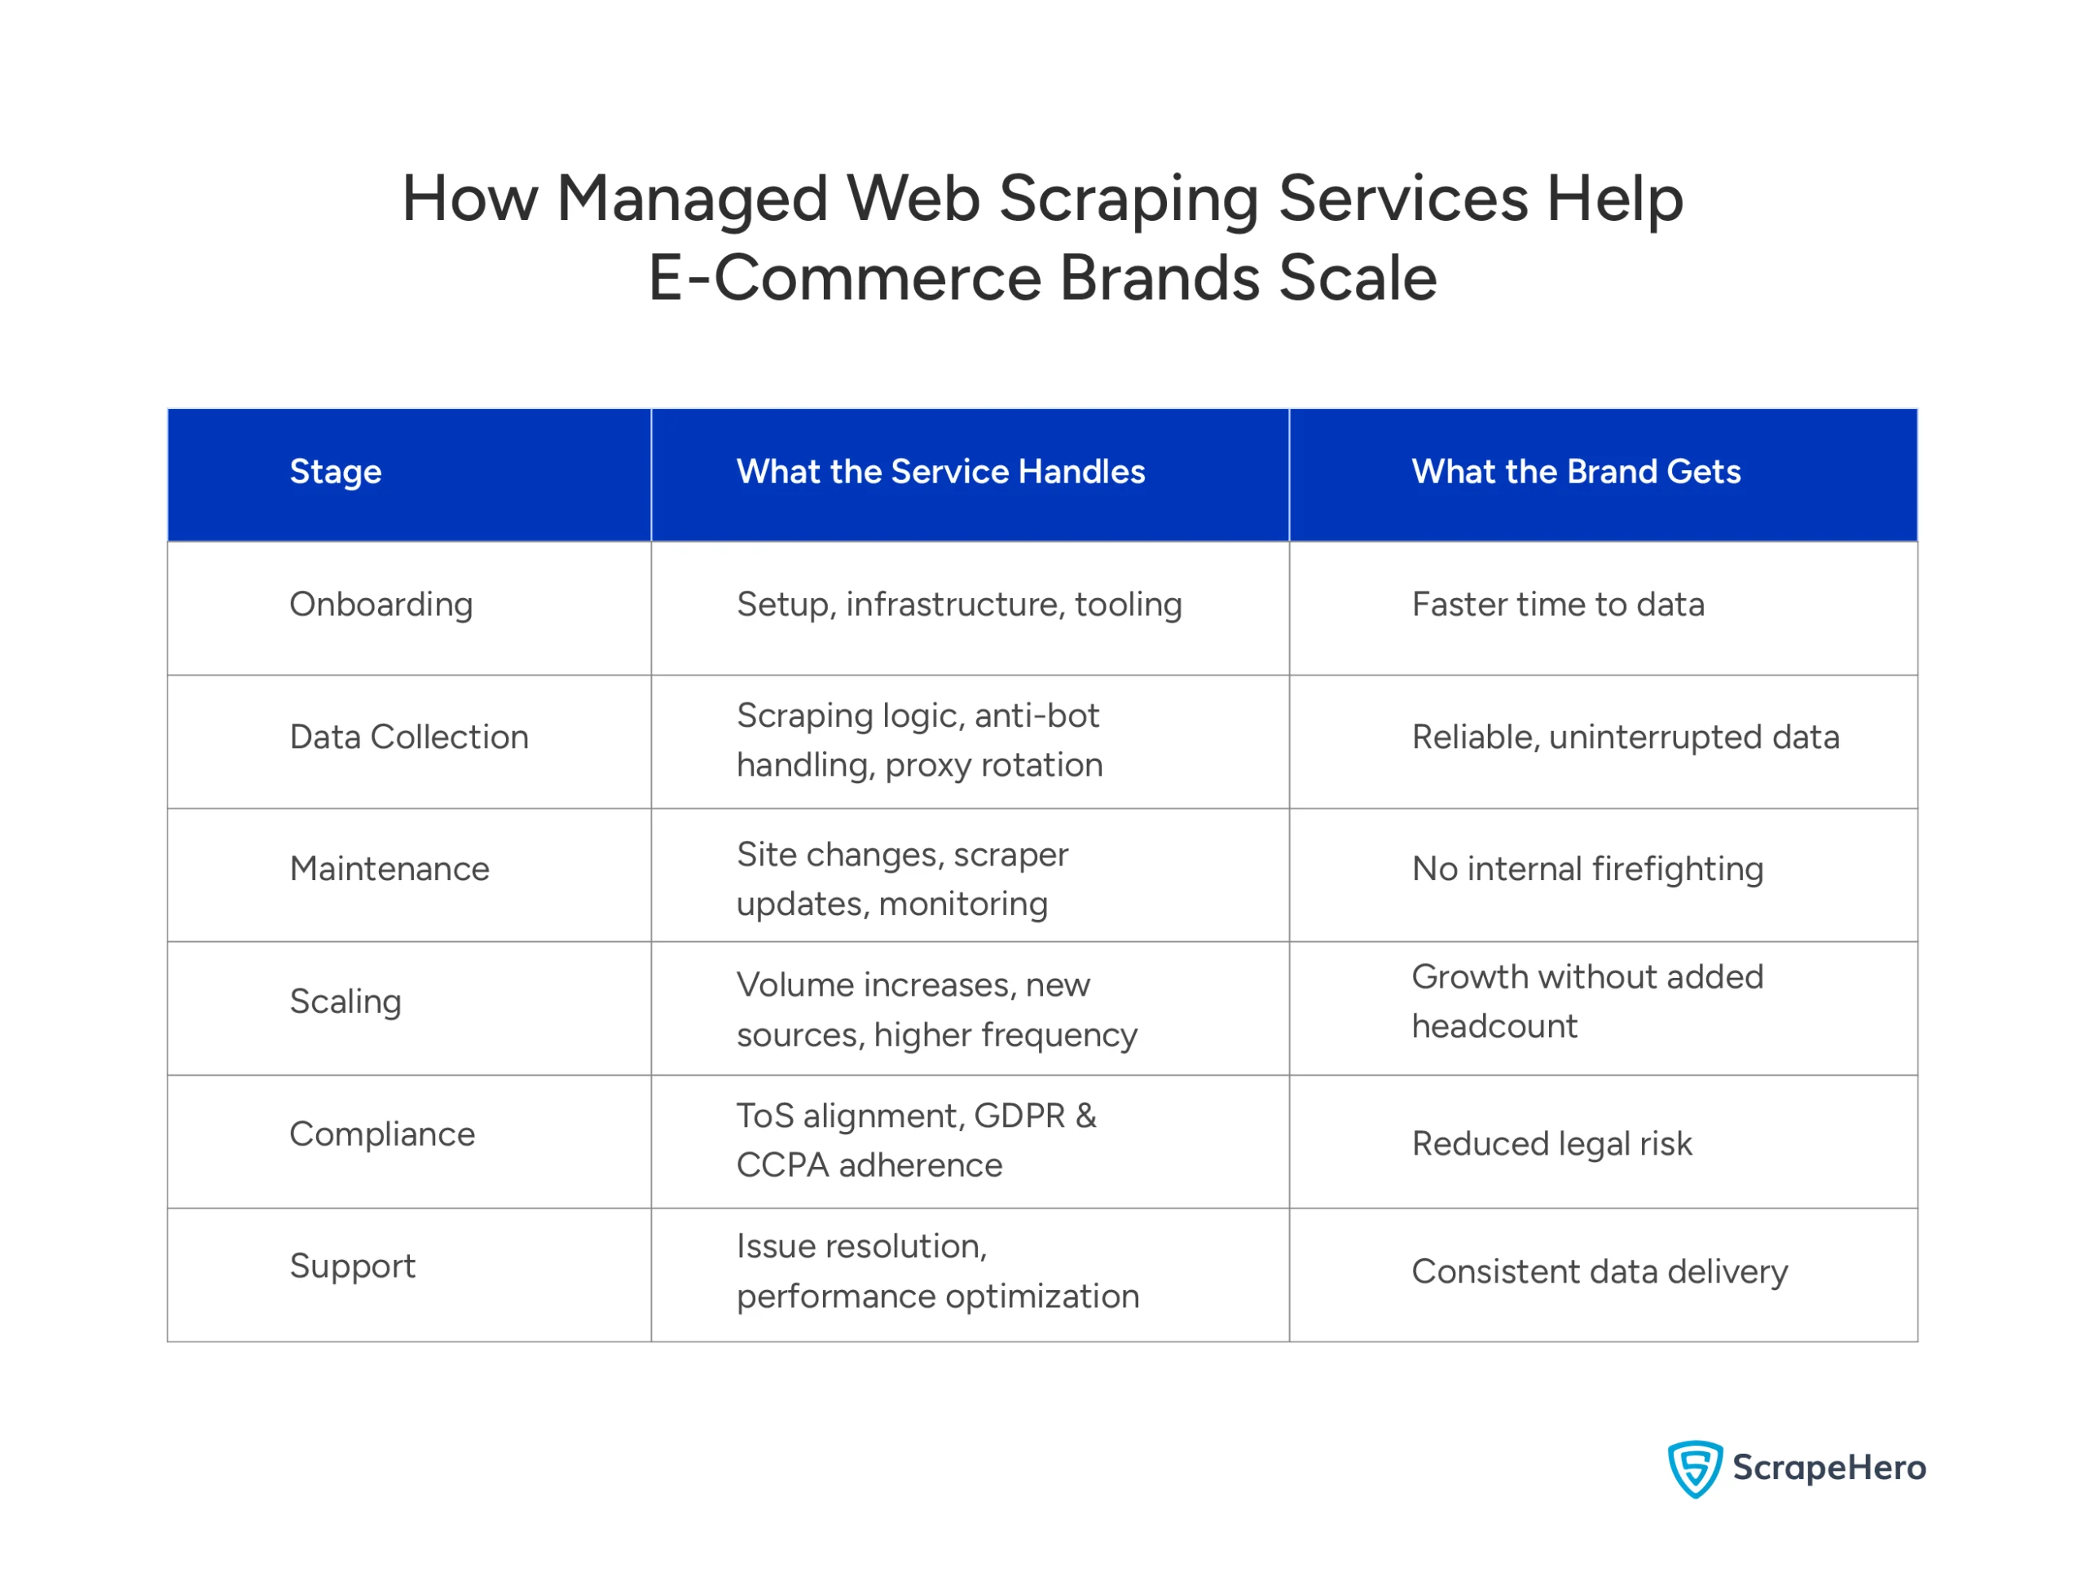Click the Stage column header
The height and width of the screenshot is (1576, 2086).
(335, 472)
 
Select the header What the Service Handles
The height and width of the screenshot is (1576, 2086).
(940, 472)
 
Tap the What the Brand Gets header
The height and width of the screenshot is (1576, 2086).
(1575, 472)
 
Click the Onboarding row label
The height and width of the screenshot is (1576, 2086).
(381, 605)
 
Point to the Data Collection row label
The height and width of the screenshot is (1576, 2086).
(408, 737)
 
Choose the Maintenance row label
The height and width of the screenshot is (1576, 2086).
(389, 869)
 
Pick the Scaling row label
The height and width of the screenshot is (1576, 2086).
(345, 1002)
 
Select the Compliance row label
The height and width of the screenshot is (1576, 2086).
(382, 1134)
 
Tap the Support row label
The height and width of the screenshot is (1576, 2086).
(352, 1266)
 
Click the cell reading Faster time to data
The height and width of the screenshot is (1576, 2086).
(1557, 605)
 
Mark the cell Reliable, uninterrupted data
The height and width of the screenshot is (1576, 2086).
(1625, 737)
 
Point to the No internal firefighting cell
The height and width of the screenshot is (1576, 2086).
(1587, 869)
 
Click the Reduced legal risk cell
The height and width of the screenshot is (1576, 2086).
(1551, 1144)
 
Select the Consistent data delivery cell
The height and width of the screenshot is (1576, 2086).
(1600, 1272)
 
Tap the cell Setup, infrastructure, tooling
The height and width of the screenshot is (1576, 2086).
(959, 605)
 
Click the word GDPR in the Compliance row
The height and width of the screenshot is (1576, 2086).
(1019, 1116)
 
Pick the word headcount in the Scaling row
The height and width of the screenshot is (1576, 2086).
(1494, 1027)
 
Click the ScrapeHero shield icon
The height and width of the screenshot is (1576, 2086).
(1695, 1468)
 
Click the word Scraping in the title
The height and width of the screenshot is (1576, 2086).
(1128, 199)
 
